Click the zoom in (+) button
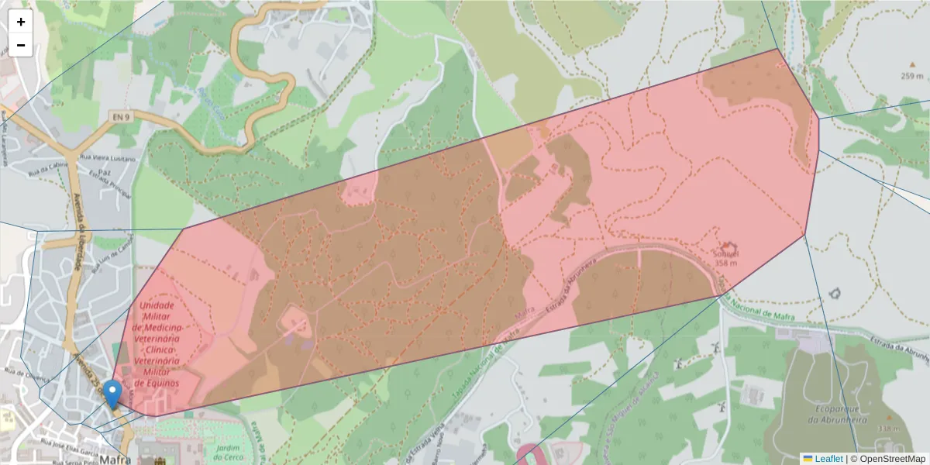click(x=21, y=22)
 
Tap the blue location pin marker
click(x=113, y=394)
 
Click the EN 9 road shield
click(x=119, y=117)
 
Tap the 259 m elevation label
click(x=911, y=76)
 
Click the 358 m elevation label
click(x=725, y=263)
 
